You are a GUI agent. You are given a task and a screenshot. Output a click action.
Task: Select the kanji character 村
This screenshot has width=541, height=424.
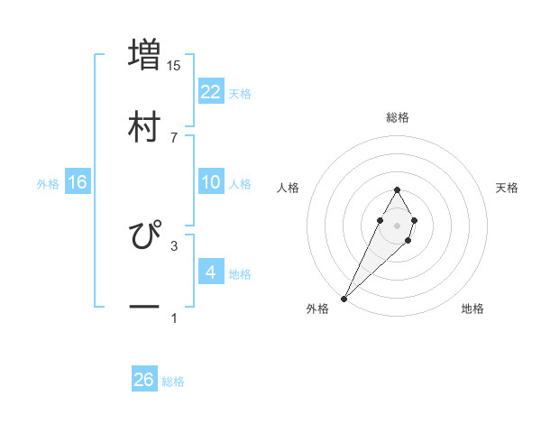click(x=144, y=126)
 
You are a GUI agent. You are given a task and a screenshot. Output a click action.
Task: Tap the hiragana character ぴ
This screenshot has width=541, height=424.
click(x=144, y=236)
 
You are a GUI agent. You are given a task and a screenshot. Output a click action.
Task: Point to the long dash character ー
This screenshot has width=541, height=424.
click(x=144, y=308)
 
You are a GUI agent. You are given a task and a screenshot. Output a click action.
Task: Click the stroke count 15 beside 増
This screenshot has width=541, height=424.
click(x=173, y=65)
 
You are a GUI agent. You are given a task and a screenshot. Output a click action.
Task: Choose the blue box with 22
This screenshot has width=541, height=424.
click(x=211, y=92)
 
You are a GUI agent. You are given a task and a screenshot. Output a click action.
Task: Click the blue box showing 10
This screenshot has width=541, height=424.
click(x=211, y=182)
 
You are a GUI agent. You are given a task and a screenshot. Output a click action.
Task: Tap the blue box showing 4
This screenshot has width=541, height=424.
click(x=211, y=272)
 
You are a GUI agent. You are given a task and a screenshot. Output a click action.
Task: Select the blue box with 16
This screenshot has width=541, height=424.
click(x=77, y=182)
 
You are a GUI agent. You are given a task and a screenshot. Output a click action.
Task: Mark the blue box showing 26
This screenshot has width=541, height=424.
click(x=143, y=380)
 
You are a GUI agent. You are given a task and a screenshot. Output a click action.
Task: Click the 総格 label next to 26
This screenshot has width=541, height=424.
click(x=173, y=382)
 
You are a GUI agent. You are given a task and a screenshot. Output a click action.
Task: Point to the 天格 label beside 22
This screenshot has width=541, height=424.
click(x=240, y=93)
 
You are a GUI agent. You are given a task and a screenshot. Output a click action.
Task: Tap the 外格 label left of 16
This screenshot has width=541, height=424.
click(x=48, y=183)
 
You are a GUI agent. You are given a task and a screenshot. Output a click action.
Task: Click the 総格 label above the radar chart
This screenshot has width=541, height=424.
click(x=397, y=117)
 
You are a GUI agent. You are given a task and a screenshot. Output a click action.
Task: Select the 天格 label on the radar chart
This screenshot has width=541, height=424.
click(x=508, y=188)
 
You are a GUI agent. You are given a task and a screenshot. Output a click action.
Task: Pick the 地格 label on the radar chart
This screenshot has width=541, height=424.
click(x=472, y=309)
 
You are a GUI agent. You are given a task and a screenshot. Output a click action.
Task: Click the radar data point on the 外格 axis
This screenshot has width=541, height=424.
click(x=344, y=298)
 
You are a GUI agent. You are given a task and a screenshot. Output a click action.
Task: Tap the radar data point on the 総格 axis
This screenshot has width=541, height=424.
click(x=397, y=189)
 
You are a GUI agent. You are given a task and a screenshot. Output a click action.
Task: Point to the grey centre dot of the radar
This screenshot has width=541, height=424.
click(x=397, y=225)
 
